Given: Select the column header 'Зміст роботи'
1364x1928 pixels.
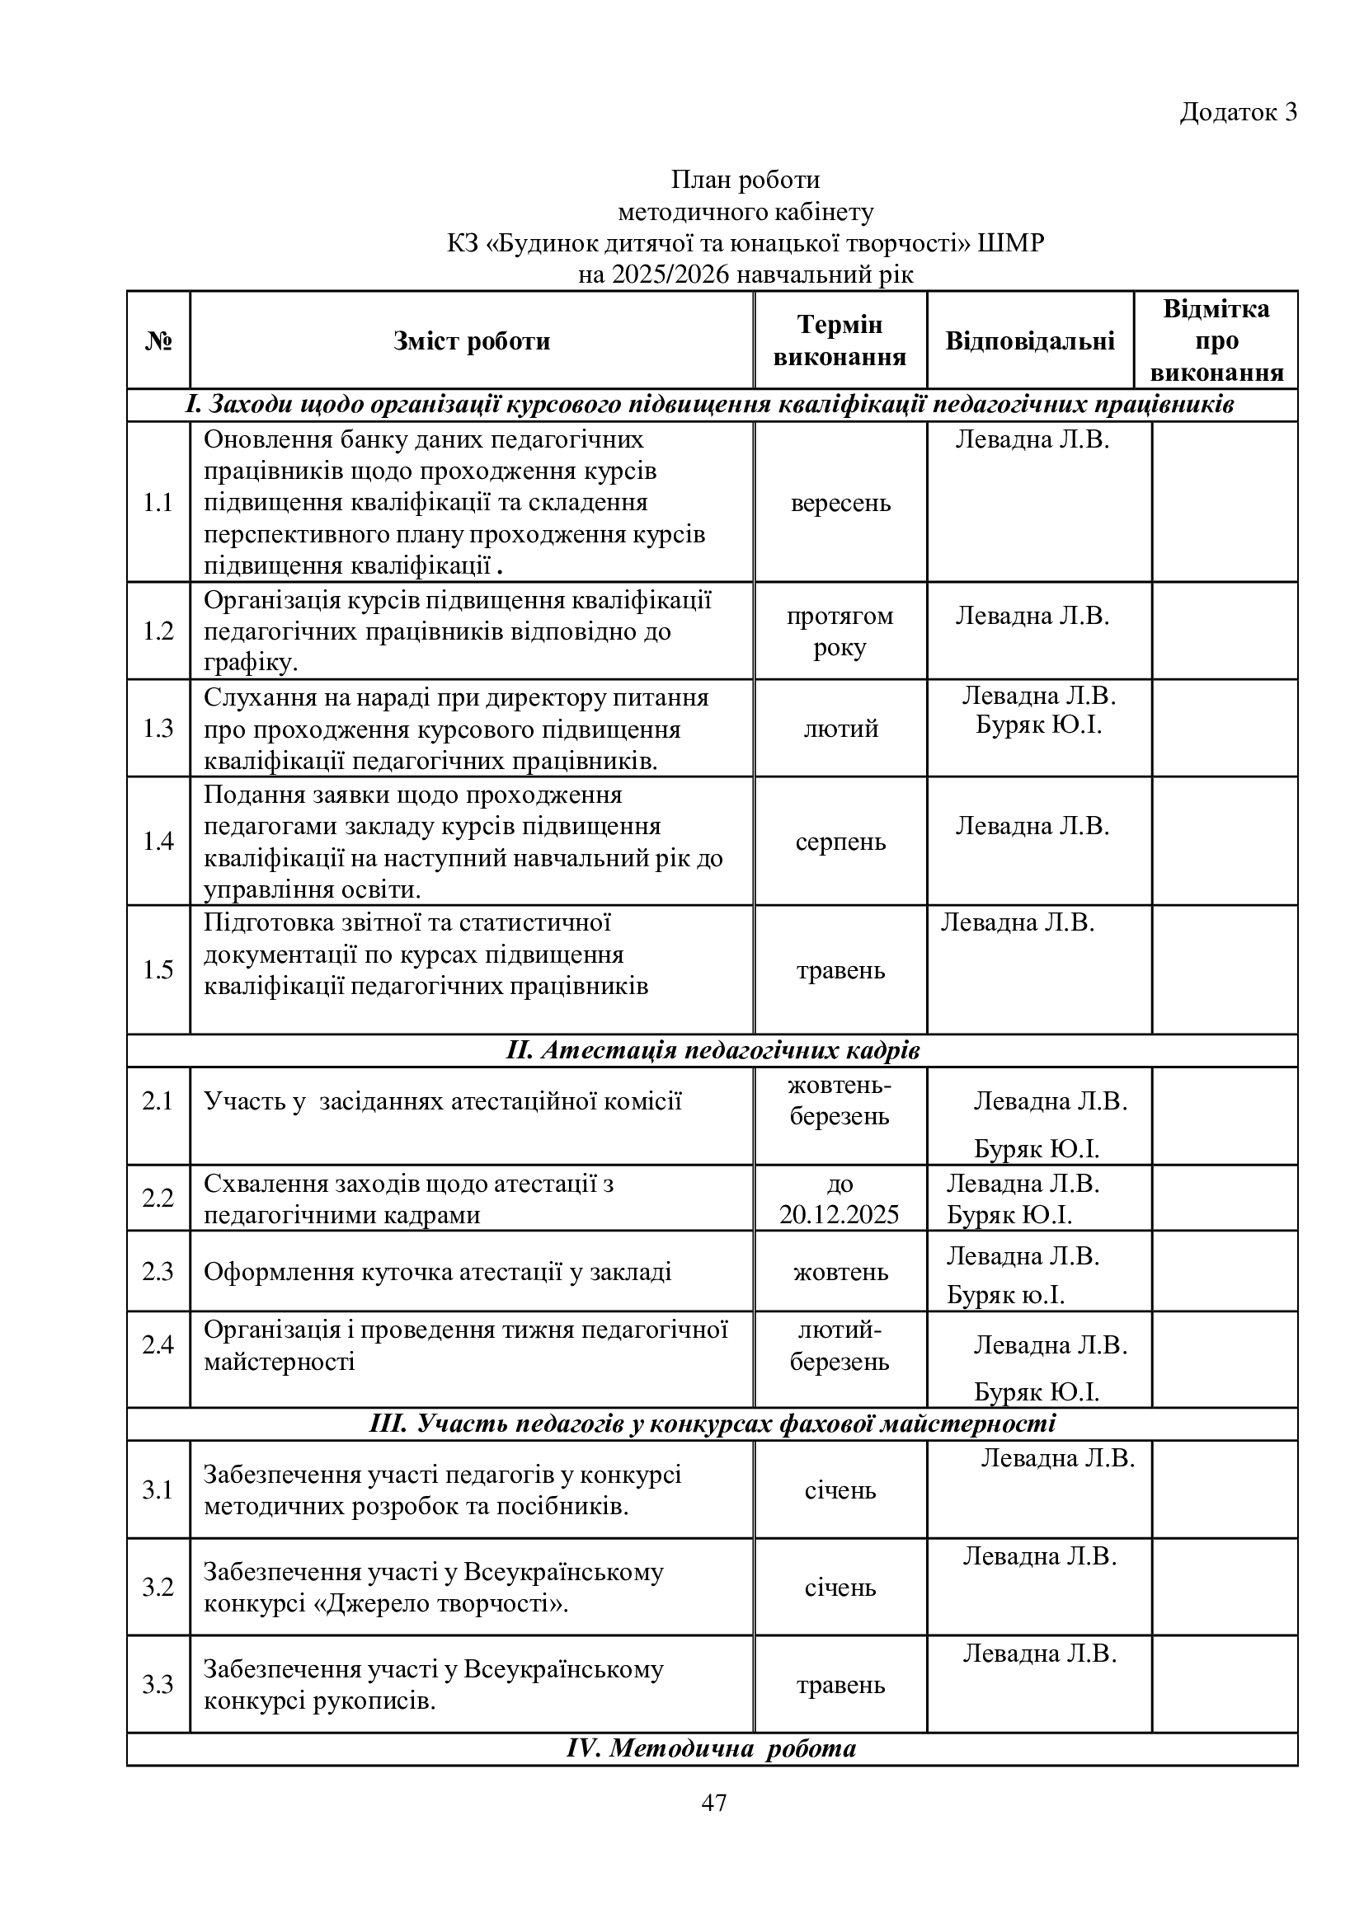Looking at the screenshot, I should tap(471, 341).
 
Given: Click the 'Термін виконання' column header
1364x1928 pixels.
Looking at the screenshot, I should tap(839, 341).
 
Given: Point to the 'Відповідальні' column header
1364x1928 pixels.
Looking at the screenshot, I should tap(1030, 341).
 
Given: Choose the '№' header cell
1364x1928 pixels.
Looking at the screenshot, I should tap(158, 341).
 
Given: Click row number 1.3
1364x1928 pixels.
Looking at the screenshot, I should tap(158, 728).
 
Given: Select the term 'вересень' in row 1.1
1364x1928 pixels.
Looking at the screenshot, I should tap(840, 503).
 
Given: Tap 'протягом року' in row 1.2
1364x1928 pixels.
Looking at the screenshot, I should tap(840, 631).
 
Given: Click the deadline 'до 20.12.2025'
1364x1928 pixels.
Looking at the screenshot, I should tap(839, 1199).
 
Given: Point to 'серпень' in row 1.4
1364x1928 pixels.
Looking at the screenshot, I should tap(840, 842).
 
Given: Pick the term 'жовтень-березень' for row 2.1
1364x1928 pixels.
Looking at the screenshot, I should tap(839, 1101).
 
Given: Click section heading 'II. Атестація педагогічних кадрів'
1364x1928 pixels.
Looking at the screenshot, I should tap(713, 1051).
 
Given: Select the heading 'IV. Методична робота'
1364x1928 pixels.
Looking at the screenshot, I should tap(712, 1749).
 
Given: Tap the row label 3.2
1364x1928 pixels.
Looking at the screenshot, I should tap(158, 1587).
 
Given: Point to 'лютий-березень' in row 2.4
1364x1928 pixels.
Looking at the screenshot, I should tap(839, 1346).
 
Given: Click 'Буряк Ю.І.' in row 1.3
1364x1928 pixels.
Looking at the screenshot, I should tap(1038, 725).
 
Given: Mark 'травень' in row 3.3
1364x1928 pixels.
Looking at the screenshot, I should tap(840, 1686).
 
